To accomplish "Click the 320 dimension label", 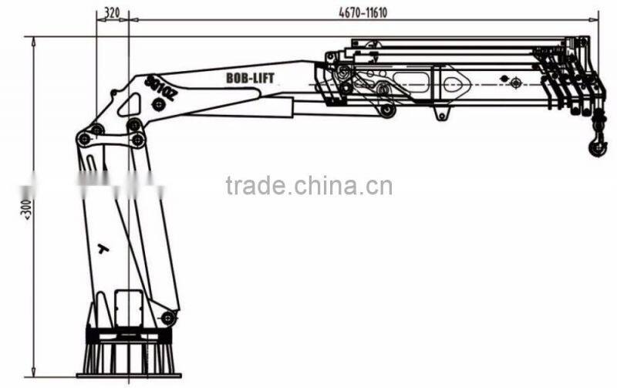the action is [112, 12].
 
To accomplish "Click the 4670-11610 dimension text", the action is [362, 12].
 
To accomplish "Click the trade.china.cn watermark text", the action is [308, 186].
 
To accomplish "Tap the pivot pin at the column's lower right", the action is [167, 317].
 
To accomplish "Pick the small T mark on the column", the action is [102, 248].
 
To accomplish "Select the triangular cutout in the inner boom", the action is [455, 81].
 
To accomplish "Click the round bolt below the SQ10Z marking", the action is [157, 105].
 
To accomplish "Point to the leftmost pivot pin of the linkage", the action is [83, 139].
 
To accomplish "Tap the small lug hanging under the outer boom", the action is [441, 115].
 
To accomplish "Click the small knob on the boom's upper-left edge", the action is [114, 93].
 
